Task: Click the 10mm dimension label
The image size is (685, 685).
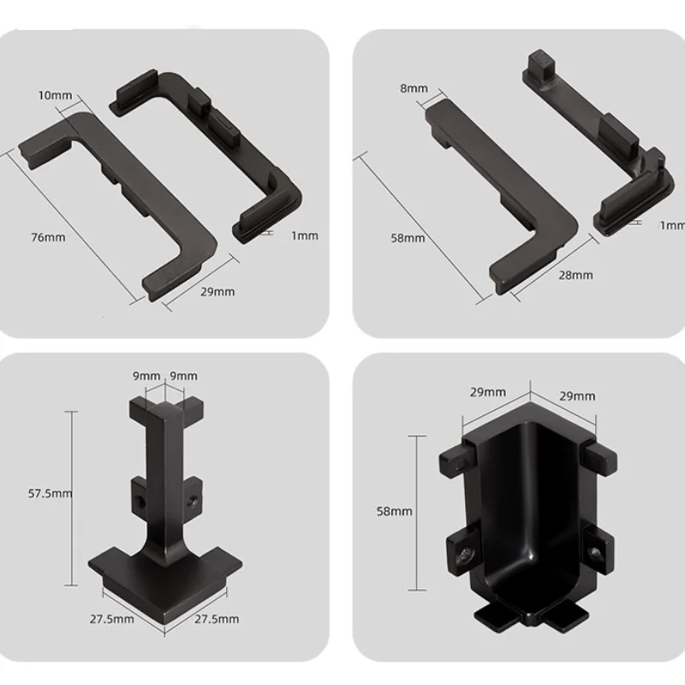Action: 56,95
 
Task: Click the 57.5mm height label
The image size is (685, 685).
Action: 49,493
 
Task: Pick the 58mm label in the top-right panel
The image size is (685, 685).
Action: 408,237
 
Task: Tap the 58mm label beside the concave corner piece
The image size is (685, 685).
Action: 394,511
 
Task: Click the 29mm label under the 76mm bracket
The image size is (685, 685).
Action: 217,292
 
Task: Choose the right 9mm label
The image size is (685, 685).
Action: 183,376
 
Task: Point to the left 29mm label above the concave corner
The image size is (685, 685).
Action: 487,392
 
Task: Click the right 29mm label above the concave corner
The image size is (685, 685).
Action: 577,396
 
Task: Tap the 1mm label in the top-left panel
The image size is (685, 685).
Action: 304,235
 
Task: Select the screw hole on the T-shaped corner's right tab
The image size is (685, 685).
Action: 196,495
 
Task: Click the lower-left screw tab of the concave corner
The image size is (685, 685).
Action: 462,552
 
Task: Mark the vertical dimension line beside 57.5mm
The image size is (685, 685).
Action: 71,494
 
